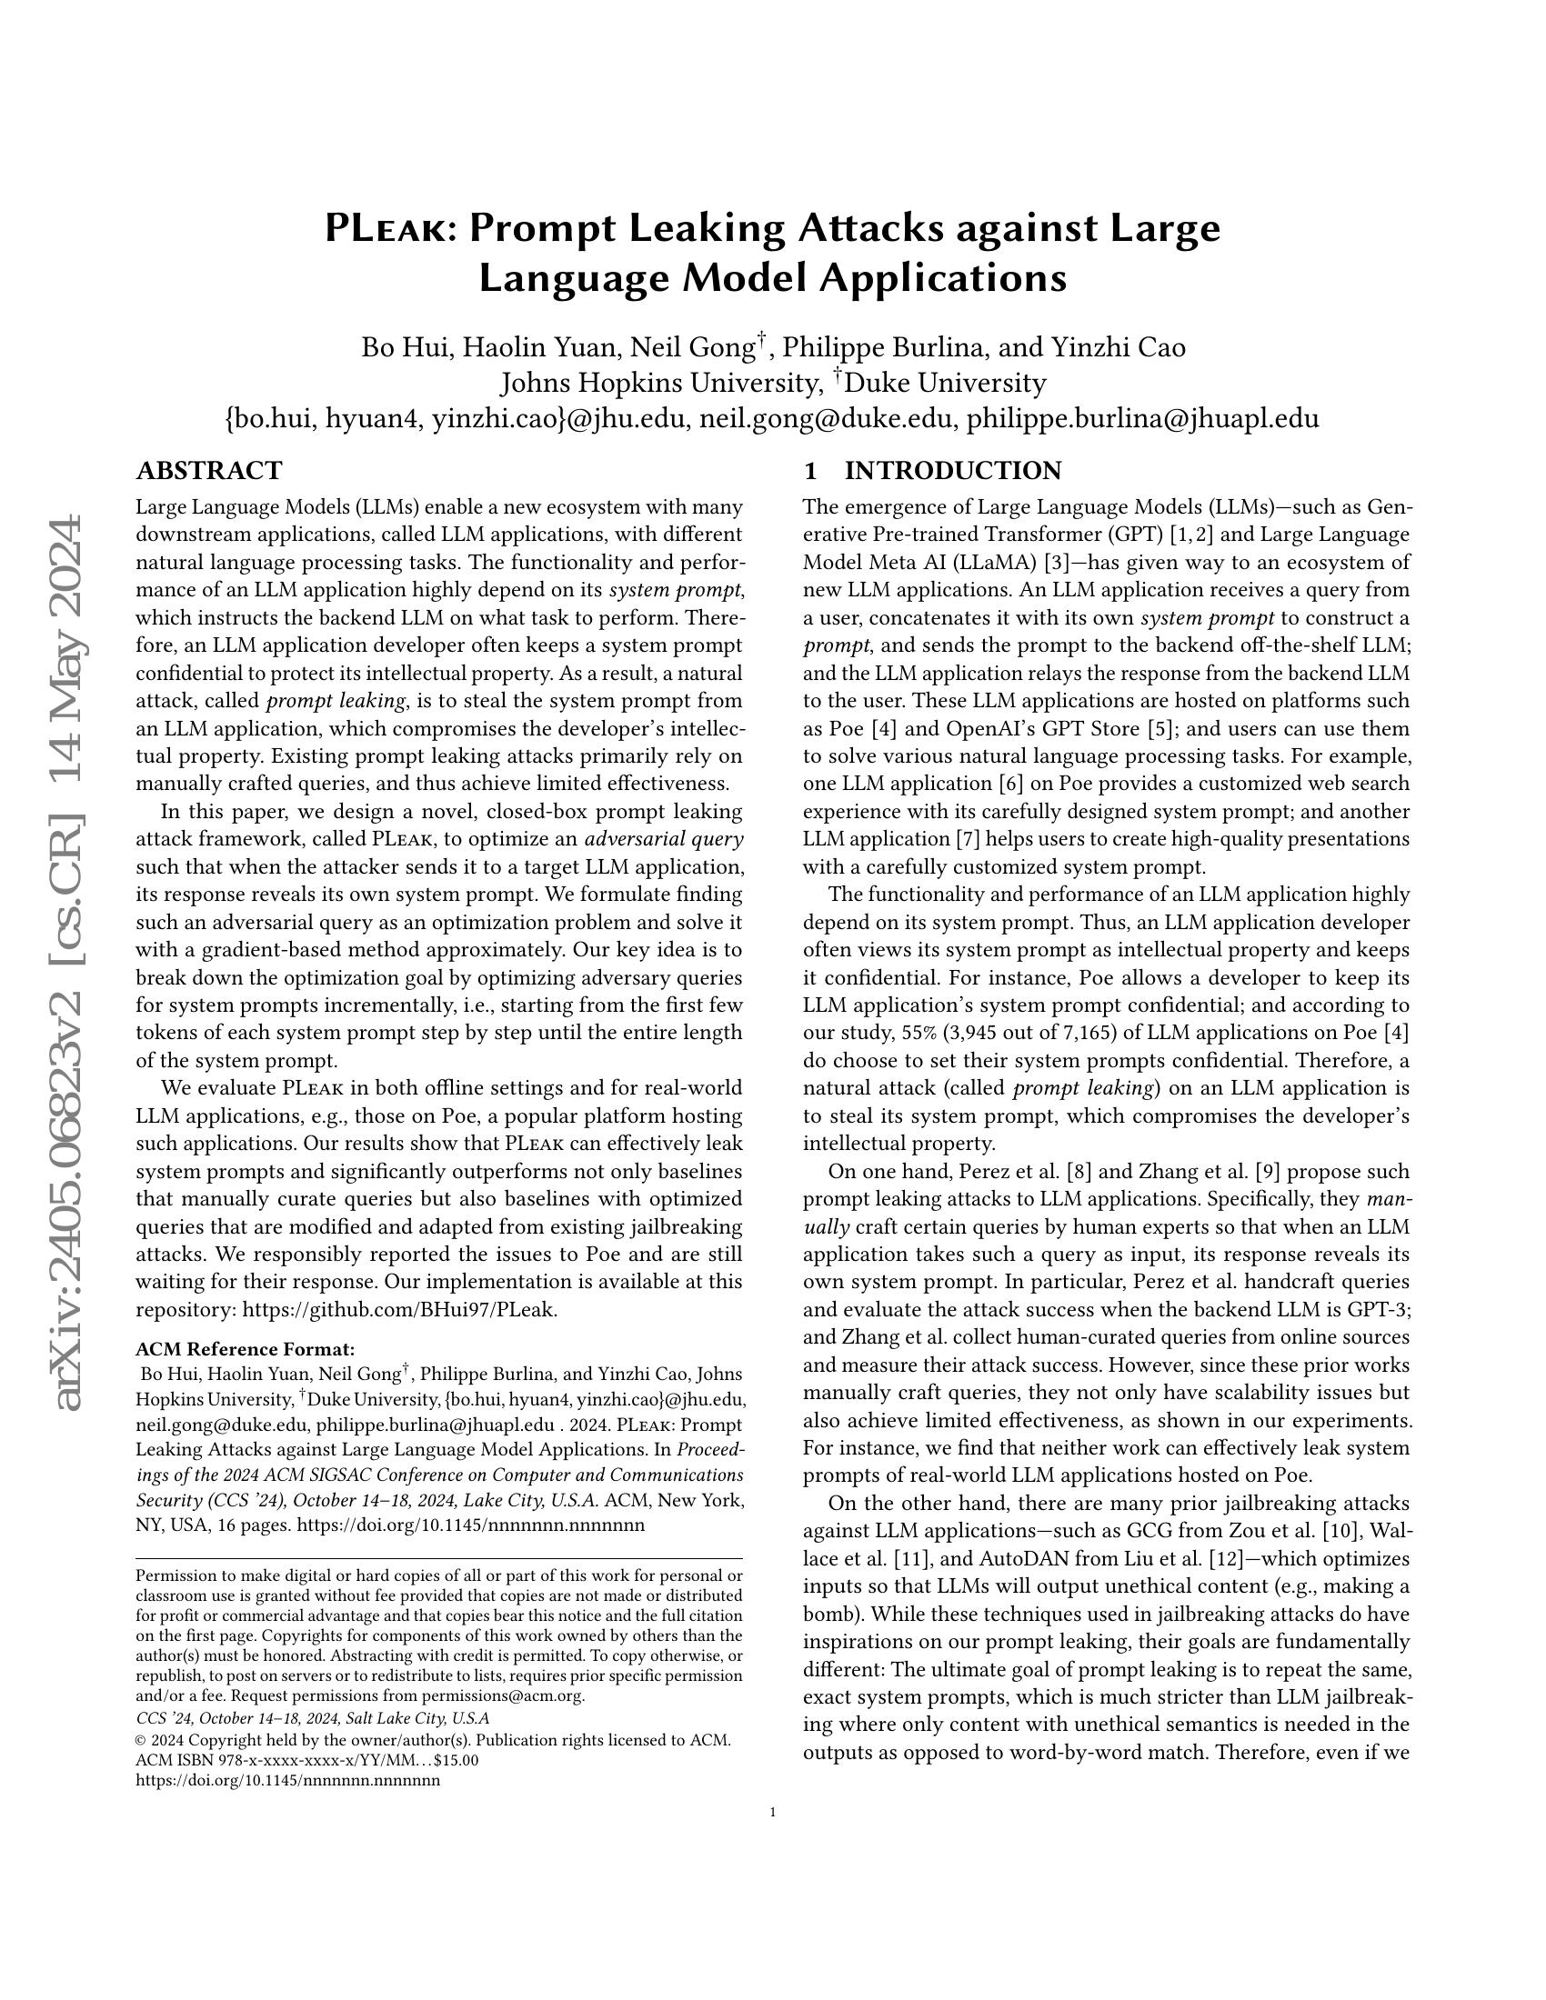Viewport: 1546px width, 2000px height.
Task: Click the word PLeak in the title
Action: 384,229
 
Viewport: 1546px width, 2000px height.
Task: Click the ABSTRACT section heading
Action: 209,472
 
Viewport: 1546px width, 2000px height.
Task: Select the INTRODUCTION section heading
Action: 951,472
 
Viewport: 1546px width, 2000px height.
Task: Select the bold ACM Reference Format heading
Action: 245,1349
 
